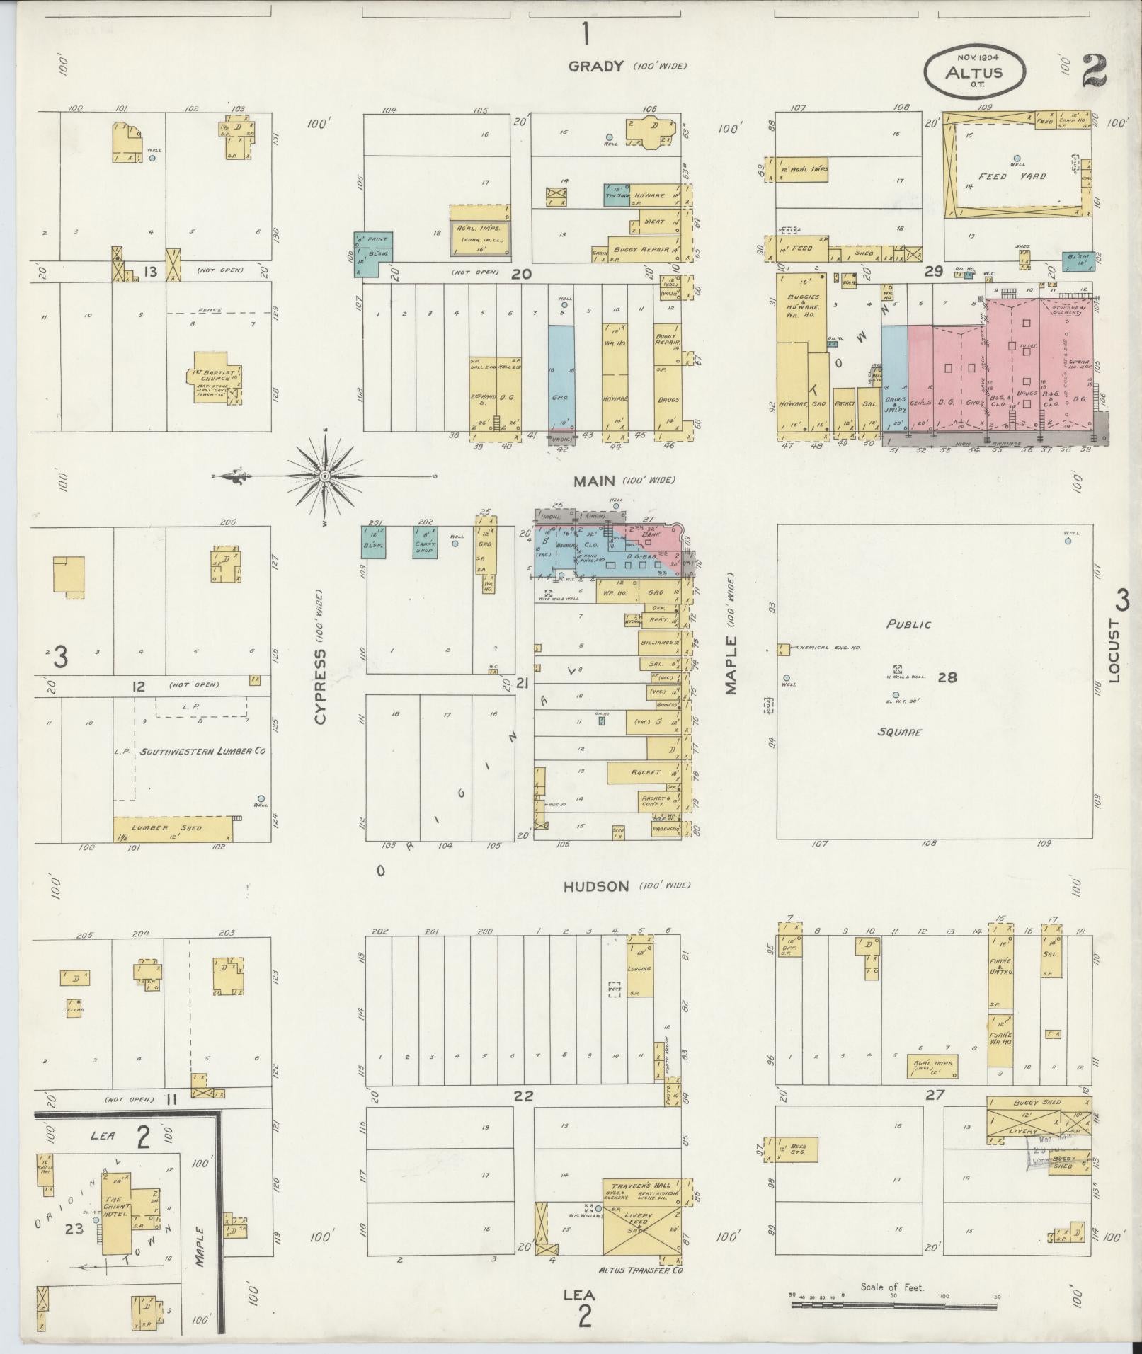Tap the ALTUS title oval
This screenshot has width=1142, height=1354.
coord(973,71)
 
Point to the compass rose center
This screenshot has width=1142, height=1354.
coord(325,476)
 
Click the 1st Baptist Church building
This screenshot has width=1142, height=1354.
coord(217,384)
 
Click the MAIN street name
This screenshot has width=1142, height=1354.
coord(595,481)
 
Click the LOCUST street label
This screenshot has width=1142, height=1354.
coord(1117,650)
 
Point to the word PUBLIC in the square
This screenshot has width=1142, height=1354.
coord(908,624)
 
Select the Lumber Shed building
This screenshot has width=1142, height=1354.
coord(174,827)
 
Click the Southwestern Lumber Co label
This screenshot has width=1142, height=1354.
coord(202,750)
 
